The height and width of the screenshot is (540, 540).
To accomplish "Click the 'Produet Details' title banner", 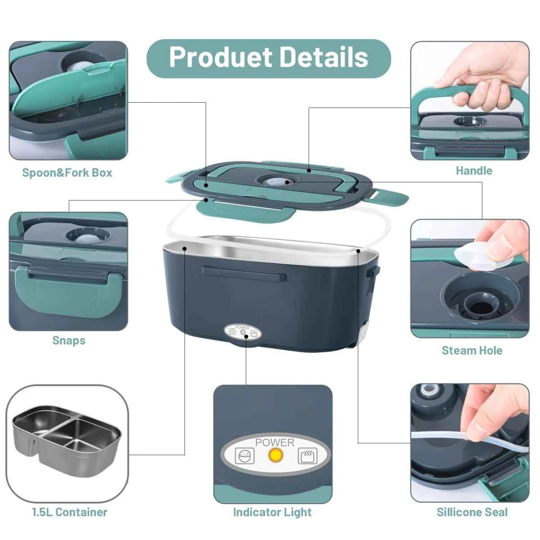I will [x=269, y=58].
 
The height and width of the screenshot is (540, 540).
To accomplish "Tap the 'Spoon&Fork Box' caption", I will [x=67, y=173].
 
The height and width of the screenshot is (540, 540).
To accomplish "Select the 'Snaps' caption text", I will [x=68, y=340].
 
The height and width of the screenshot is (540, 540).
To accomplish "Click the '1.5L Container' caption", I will [x=69, y=512].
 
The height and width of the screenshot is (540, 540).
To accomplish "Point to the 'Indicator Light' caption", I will [x=272, y=512].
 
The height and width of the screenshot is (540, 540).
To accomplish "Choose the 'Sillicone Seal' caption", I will [x=472, y=512].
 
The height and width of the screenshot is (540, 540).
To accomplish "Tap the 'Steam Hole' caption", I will [x=472, y=351].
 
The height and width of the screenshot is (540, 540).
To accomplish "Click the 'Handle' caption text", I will [x=474, y=171].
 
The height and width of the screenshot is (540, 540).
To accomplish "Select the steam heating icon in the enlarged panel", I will [x=307, y=456].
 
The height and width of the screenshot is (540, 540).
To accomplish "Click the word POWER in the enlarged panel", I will [x=274, y=442].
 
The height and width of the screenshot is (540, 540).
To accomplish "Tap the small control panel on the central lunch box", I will [x=243, y=333].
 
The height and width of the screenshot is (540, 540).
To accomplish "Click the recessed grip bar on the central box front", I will [x=244, y=273].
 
